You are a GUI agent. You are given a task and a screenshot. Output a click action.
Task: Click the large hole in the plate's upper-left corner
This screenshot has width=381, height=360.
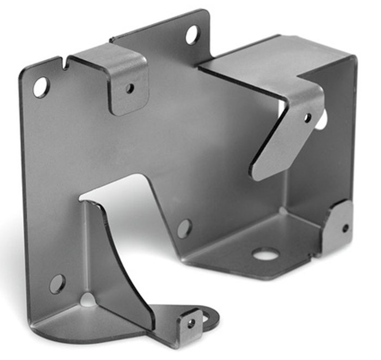pyautogui.click(x=40, y=87)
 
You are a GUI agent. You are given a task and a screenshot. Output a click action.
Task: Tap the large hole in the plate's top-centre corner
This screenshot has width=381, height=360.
pyautogui.click(x=192, y=35)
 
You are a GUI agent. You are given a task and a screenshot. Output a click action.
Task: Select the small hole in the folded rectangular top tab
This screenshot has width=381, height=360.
pyautogui.click(x=130, y=88)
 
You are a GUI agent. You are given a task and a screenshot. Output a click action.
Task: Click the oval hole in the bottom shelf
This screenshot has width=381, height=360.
pyautogui.click(x=266, y=254)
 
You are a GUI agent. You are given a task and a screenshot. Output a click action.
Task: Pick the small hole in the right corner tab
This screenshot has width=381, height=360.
pyautogui.click(x=345, y=228)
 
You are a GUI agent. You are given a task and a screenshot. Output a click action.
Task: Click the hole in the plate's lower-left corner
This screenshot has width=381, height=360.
pyautogui.click(x=57, y=284)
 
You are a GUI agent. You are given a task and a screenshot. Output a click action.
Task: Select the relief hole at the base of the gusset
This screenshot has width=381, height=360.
pyautogui.click(x=88, y=300)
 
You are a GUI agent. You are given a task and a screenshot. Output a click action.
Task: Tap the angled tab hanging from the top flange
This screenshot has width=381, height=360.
pyautogui.click(x=286, y=138)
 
